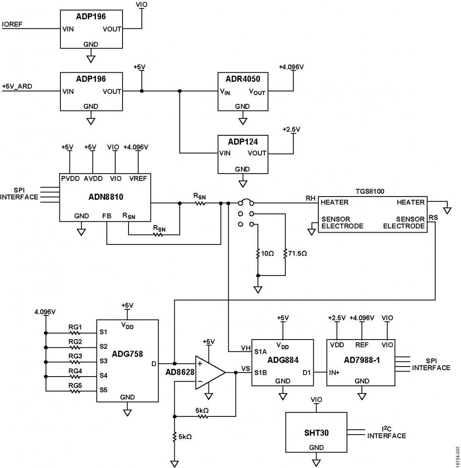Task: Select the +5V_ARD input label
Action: (17, 86)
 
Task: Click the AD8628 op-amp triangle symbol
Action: (208, 372)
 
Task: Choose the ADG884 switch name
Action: (283, 360)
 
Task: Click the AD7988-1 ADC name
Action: (362, 360)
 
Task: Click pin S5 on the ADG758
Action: (103, 390)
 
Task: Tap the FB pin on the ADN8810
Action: (107, 216)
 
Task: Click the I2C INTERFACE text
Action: (386, 432)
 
